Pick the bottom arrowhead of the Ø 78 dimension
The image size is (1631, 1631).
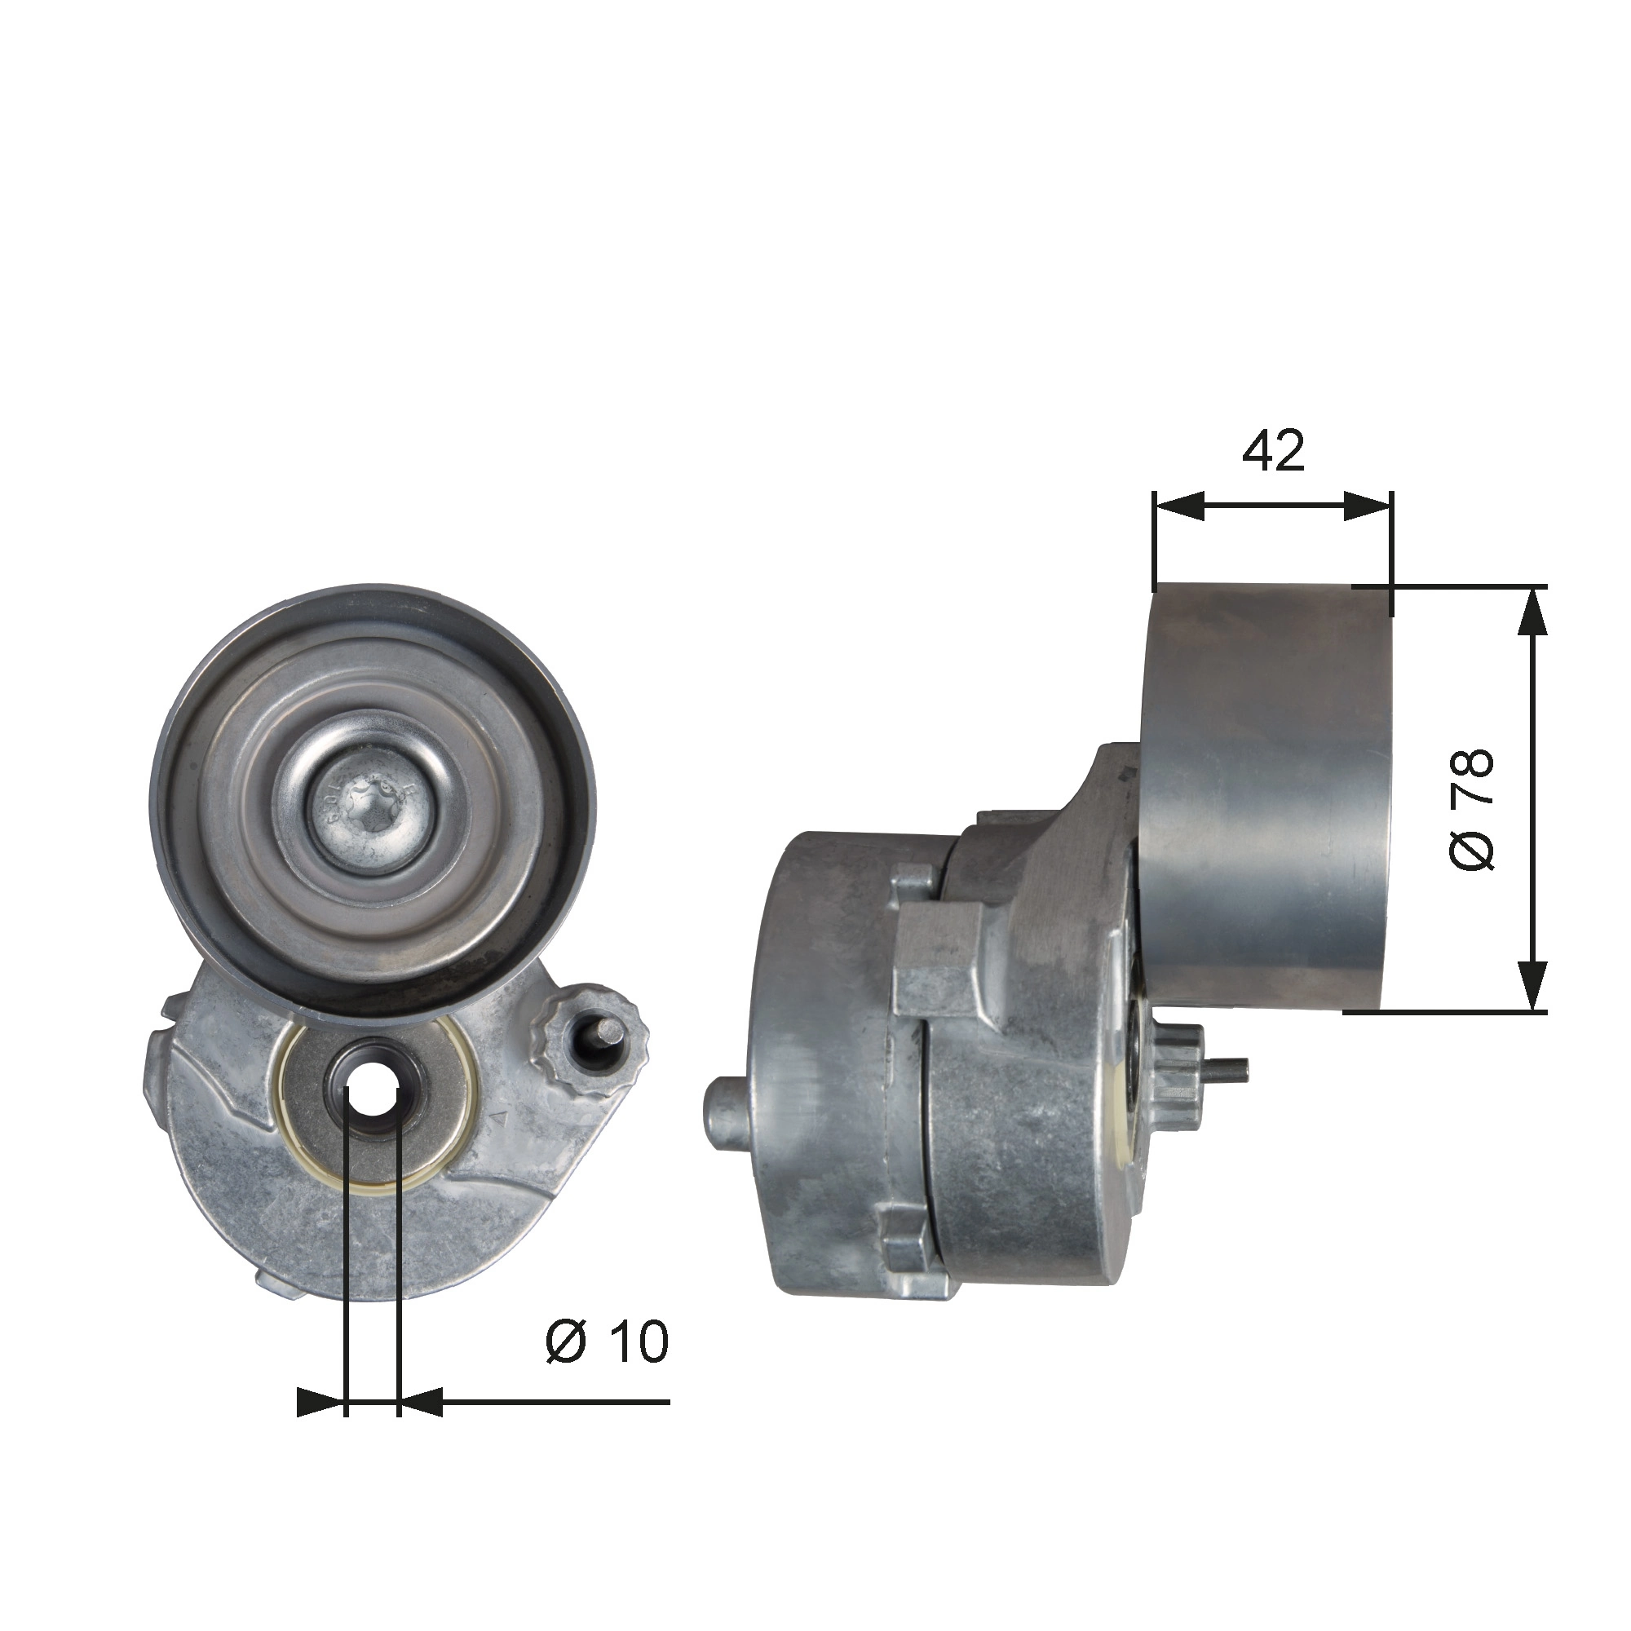1533,986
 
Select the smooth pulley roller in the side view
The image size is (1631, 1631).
1266,793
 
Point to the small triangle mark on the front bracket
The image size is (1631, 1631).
498,1119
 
